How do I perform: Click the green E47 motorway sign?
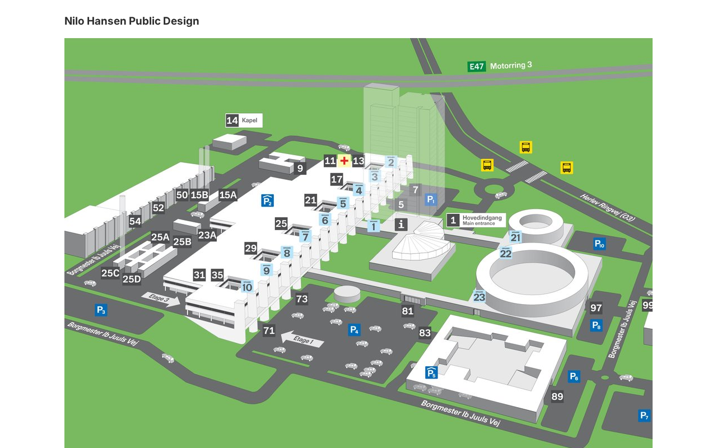(x=476, y=67)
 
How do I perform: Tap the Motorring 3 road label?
(x=511, y=66)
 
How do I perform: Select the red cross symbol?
(x=344, y=161)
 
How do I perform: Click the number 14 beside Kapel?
(x=232, y=120)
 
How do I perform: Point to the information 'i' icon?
(x=401, y=225)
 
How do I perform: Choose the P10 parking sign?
(x=599, y=244)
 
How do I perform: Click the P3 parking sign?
(x=101, y=310)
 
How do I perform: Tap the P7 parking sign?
(x=645, y=416)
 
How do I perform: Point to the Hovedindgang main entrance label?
(x=482, y=220)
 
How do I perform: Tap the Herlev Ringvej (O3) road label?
(x=608, y=207)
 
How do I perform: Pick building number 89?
(x=557, y=396)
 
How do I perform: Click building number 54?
(x=135, y=221)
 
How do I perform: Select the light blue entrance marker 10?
(x=247, y=287)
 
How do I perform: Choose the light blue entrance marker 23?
(x=479, y=297)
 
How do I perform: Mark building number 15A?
(x=228, y=195)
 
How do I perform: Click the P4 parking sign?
(x=354, y=330)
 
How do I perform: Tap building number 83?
(x=425, y=333)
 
